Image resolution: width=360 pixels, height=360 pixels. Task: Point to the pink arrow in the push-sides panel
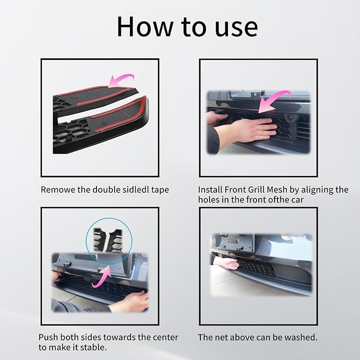[x=102, y=277]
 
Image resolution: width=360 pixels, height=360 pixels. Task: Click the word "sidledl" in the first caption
[x=136, y=190]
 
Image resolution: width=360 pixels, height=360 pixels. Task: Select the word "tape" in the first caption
[x=160, y=190]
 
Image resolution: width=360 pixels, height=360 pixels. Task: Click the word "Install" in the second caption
[x=210, y=190]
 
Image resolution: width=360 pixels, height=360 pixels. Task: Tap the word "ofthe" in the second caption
[x=279, y=200]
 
